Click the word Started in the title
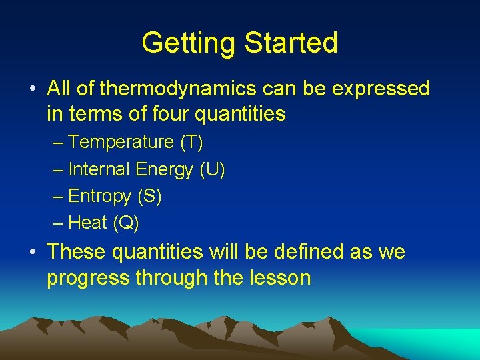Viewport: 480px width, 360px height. tap(291, 43)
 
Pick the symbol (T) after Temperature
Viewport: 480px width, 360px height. tap(191, 142)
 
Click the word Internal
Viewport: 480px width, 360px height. tap(99, 169)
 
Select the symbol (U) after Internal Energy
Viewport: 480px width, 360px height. tap(213, 169)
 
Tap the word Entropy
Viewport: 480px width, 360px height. tap(100, 197)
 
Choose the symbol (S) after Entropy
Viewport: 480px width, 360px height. tap(150, 197)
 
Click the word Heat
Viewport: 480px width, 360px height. tap(88, 223)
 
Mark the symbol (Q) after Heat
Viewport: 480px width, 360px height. tap(126, 223)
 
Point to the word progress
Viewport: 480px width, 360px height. tap(88, 279)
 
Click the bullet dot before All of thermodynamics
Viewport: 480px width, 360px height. tap(32, 89)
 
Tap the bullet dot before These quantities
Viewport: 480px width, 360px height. tap(32, 253)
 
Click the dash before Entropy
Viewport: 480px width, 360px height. tap(58, 197)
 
